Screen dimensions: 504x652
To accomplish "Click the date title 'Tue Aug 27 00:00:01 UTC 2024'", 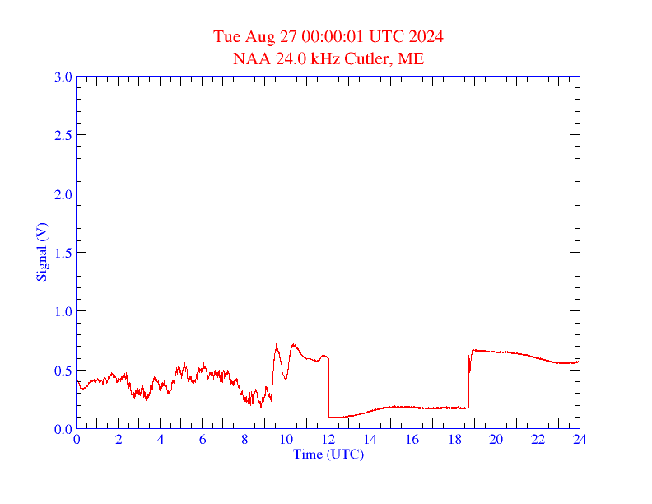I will pyautogui.click(x=328, y=37).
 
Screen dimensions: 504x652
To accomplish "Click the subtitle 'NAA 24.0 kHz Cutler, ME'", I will pyautogui.click(x=328, y=59).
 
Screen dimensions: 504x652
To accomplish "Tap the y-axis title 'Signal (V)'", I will pyautogui.click(x=41, y=252).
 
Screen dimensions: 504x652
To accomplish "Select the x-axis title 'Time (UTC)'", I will pyautogui.click(x=328, y=454).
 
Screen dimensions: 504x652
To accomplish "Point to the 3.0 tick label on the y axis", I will pyautogui.click(x=63, y=77).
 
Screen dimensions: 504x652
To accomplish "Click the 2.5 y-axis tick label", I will pyautogui.click(x=63, y=135).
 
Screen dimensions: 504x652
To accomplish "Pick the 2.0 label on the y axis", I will pyautogui.click(x=63, y=194).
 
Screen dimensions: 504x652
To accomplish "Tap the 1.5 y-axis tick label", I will pyautogui.click(x=63, y=253).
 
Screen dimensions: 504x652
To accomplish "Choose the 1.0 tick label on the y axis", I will pyautogui.click(x=63, y=311).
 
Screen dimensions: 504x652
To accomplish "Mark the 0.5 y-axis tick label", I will pyautogui.click(x=63, y=371).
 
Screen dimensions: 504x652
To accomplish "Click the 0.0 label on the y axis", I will pyautogui.click(x=63, y=429).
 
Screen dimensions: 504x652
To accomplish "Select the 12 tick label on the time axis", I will pyautogui.click(x=328, y=440).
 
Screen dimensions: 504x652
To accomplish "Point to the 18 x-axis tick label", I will pyautogui.click(x=454, y=440).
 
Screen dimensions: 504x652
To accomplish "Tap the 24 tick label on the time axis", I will pyautogui.click(x=580, y=440).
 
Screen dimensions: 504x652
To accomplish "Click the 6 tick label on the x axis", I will pyautogui.click(x=203, y=440).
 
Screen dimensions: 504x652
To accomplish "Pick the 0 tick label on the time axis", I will pyautogui.click(x=77, y=440).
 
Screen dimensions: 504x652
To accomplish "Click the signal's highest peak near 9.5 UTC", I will pyautogui.click(x=277, y=343).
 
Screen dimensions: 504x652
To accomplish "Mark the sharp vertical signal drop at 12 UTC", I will pyautogui.click(x=328, y=387).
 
